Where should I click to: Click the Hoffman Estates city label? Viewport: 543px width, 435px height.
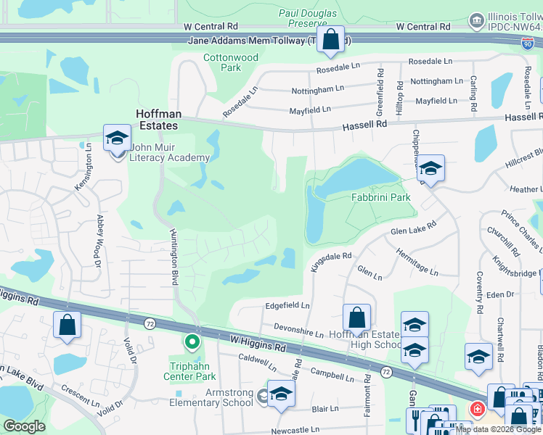coord(157,120)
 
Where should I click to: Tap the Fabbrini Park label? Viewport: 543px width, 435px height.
coord(381,197)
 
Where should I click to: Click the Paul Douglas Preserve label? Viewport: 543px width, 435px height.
coord(308,18)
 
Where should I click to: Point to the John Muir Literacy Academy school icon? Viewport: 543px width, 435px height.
coord(116,136)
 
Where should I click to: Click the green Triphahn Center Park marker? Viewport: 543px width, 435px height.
coord(192,340)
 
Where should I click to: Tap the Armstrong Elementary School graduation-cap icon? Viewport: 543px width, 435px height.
coord(280,393)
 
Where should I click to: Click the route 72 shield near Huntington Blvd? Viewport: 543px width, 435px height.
coord(150,323)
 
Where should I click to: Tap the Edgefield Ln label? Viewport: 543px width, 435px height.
coord(287,306)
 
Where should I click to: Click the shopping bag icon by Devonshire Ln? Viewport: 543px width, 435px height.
coord(356,317)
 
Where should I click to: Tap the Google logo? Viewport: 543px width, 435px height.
coord(25,426)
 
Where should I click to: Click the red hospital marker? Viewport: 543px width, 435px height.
coord(476,409)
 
